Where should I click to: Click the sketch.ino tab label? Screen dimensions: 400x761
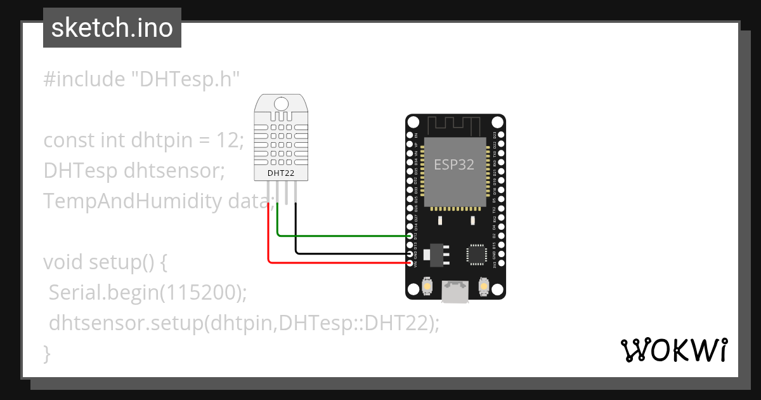[x=112, y=28]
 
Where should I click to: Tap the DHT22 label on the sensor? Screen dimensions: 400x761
[x=280, y=172]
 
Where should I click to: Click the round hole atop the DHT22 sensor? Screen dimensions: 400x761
[x=280, y=103]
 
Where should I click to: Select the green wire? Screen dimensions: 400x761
[x=342, y=236]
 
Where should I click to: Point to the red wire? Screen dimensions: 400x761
[x=336, y=262]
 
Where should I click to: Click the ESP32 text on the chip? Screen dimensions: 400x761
[x=454, y=164]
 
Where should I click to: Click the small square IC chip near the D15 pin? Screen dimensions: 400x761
[x=476, y=253]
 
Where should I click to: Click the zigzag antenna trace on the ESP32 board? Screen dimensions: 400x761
[x=455, y=123]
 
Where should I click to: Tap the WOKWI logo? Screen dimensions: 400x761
[x=674, y=350]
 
